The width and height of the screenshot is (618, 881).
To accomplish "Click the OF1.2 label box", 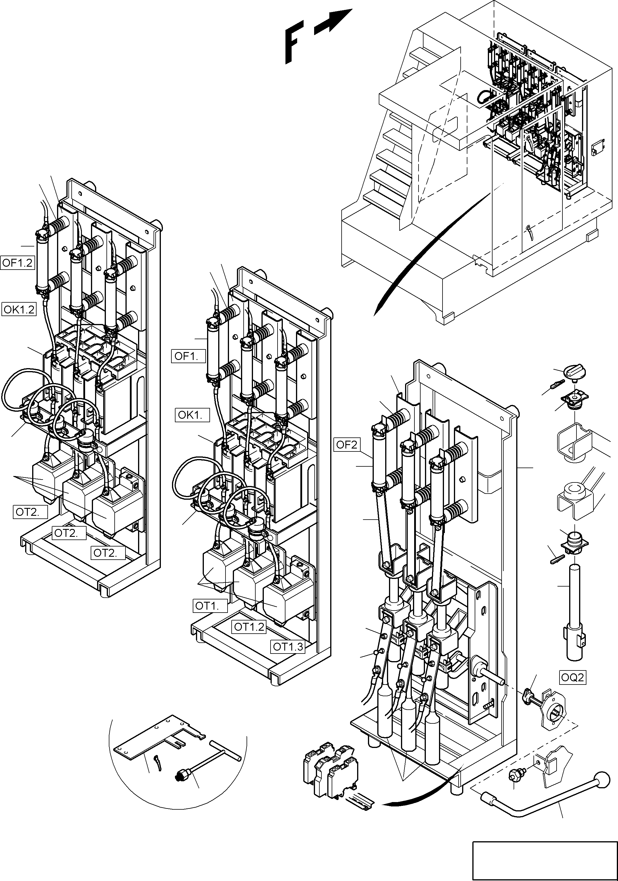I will (x=18, y=263).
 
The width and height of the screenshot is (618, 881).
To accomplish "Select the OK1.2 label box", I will (x=19, y=309).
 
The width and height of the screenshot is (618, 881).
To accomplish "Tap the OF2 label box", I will (x=346, y=445).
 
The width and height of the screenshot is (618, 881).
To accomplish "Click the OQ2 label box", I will (x=572, y=677).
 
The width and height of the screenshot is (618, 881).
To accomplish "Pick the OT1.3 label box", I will (x=288, y=646).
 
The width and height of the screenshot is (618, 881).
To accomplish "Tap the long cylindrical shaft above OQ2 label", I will (x=574, y=599).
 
